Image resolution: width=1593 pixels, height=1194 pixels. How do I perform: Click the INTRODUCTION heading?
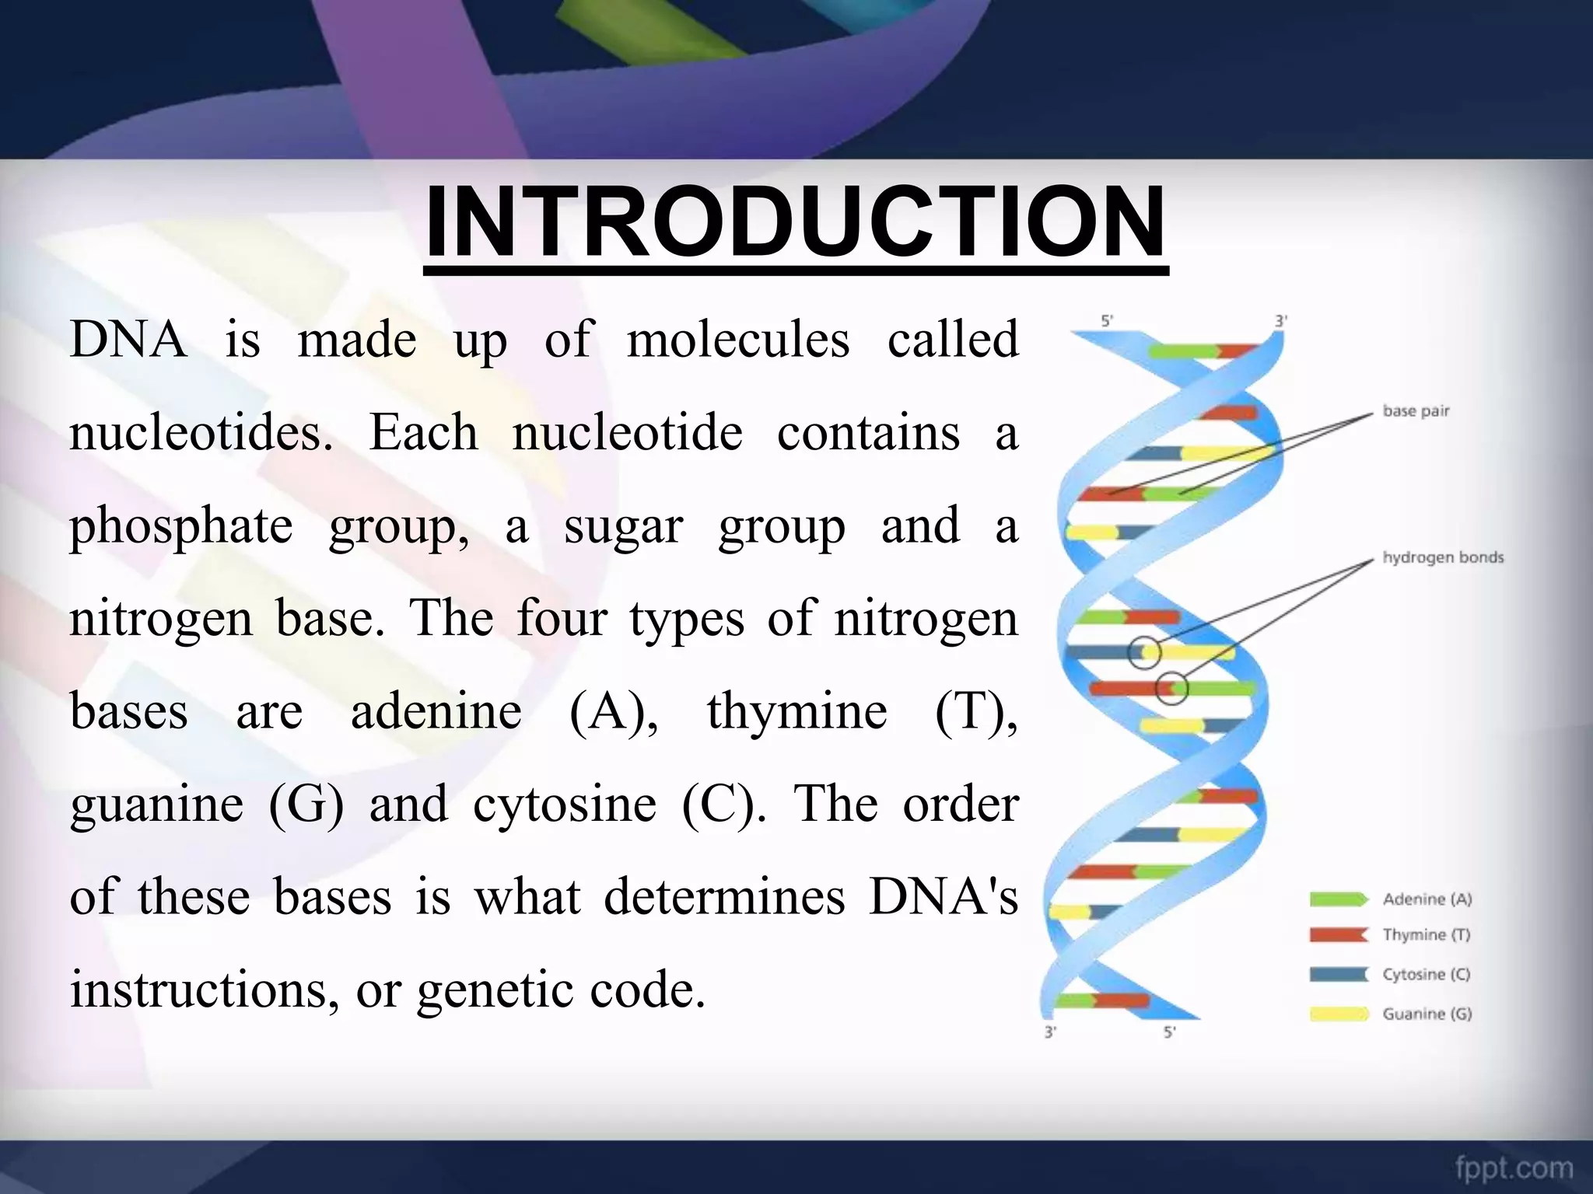[795, 222]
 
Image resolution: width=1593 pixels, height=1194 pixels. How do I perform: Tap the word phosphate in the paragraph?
[180, 527]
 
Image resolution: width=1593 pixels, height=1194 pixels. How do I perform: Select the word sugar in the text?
[622, 527]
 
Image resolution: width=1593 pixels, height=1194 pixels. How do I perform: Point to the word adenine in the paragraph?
[436, 711]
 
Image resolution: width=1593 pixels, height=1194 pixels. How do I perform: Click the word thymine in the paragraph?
[796, 711]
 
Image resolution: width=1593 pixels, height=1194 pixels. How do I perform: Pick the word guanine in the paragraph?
[156, 805]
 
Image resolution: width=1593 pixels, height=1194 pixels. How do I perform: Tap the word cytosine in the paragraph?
[565, 804]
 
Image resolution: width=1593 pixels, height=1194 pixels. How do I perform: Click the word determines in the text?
[724, 897]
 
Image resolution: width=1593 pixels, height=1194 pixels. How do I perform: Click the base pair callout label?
[1416, 411]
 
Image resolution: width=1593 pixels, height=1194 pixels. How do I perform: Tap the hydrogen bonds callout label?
[1443, 557]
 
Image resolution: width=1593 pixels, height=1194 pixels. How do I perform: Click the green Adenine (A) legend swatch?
[1337, 899]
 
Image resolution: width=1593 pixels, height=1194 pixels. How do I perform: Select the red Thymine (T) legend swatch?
[1337, 935]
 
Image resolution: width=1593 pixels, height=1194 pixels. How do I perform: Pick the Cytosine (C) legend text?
[1426, 975]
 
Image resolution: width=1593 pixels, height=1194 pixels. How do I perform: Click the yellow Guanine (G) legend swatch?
[1337, 1014]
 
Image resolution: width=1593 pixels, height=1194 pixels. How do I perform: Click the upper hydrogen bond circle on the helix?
[1144, 653]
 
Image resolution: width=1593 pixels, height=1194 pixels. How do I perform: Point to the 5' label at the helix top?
[1107, 321]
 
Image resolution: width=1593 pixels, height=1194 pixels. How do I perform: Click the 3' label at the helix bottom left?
[1050, 1033]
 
